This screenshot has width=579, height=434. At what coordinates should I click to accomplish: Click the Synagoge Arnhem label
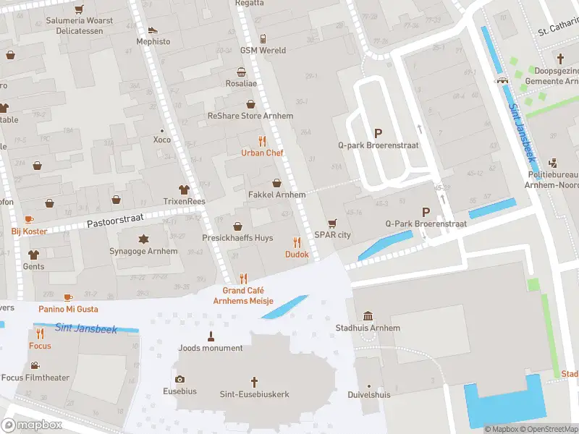[x=148, y=251]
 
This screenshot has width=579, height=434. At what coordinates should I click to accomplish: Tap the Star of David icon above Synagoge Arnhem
[x=143, y=239]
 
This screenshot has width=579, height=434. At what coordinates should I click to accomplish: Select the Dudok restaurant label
[x=297, y=254]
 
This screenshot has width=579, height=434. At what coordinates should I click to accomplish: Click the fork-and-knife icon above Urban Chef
[x=262, y=141]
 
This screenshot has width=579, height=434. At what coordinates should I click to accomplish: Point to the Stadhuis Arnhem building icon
[x=368, y=316]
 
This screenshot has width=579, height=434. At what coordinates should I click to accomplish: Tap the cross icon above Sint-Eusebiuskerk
[x=254, y=382]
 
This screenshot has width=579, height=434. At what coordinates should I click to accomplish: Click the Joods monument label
[x=211, y=348]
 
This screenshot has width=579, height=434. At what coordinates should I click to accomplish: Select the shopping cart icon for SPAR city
[x=332, y=224]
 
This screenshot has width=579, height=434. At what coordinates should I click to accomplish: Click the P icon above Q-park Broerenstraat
[x=377, y=132]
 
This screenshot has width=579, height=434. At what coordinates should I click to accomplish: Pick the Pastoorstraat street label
[x=116, y=217]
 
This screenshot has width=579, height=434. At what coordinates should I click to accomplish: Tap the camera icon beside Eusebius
[x=180, y=380]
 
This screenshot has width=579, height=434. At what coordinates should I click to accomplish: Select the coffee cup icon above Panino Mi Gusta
[x=68, y=297]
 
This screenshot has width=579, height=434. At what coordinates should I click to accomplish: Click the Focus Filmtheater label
[x=35, y=378]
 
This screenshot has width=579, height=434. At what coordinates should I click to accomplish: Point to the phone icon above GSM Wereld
[x=263, y=38]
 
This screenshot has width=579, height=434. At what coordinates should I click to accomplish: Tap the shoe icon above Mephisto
[x=153, y=30]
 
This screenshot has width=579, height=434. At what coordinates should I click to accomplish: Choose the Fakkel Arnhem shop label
[x=276, y=195]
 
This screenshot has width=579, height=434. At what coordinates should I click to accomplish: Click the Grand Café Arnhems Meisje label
[x=243, y=295]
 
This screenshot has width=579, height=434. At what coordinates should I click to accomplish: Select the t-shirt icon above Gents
[x=33, y=255]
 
